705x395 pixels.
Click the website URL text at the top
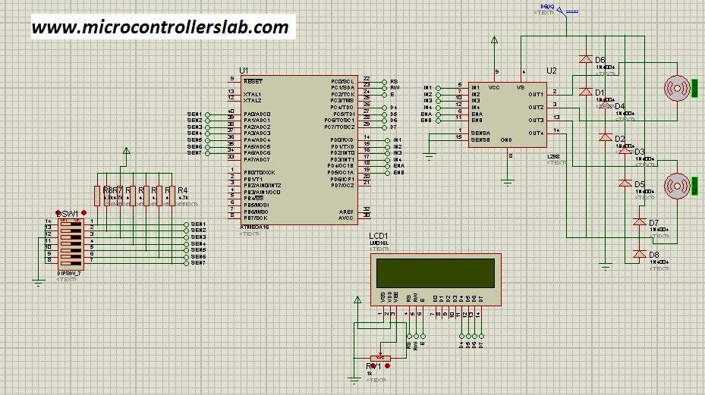click(x=160, y=27)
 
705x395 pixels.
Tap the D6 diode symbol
click(x=585, y=59)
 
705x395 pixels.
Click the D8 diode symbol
click(x=639, y=254)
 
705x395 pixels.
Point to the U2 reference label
click(x=552, y=71)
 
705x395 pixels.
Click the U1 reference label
click(x=244, y=71)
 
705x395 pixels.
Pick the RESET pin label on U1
click(x=253, y=80)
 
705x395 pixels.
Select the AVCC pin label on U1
click(x=346, y=218)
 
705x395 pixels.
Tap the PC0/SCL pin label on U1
click(x=343, y=81)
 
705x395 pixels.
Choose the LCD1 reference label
click(x=379, y=236)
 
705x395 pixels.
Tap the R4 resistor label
click(x=182, y=190)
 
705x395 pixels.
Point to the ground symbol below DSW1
click(x=38, y=283)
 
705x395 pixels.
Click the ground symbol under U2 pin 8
click(x=508, y=180)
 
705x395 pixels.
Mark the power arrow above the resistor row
click(x=126, y=152)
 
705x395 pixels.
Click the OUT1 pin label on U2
click(x=536, y=95)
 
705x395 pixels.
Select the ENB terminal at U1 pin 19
click(x=398, y=173)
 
